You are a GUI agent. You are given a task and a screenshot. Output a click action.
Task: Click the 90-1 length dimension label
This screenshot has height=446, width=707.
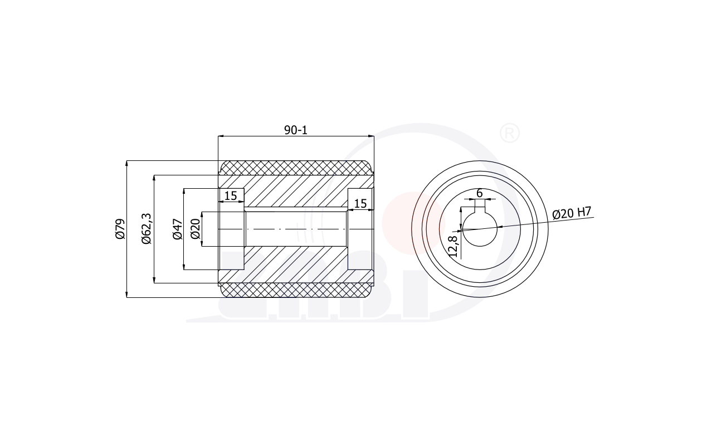coord(296,130)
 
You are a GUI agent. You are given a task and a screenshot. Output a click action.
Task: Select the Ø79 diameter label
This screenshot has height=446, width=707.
coord(120,229)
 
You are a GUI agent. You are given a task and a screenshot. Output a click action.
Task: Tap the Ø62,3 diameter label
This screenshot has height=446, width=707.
coord(147,229)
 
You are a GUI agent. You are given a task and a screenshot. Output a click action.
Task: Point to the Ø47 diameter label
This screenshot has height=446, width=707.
coord(178,229)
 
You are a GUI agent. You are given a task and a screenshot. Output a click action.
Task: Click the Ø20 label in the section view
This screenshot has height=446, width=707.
coord(196,229)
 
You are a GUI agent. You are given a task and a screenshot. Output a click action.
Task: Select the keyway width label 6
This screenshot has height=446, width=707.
coord(480,193)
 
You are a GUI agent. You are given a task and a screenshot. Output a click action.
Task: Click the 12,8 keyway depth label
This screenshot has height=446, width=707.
coord(453,247)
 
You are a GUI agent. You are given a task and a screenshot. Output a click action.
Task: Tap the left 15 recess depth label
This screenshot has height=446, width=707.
coord(231,196)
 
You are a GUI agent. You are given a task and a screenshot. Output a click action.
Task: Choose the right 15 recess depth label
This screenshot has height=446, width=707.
coord(360,204)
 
